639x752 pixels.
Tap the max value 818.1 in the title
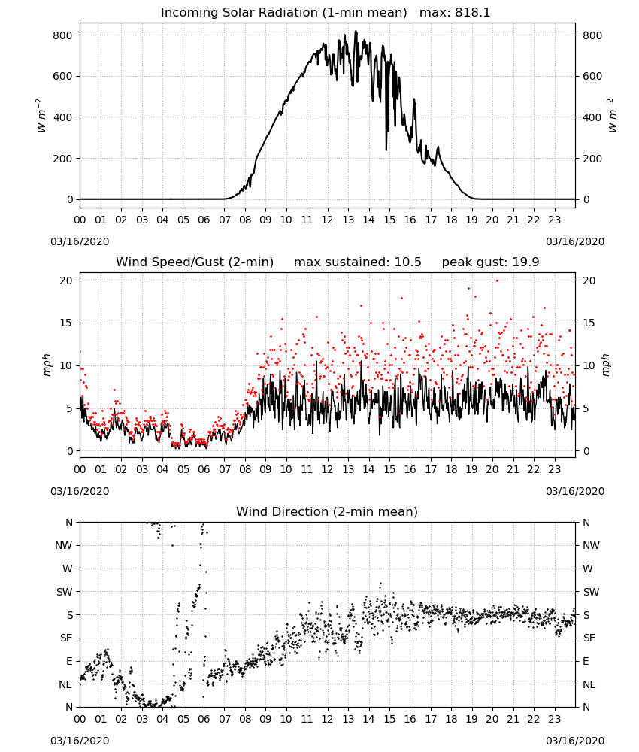473,13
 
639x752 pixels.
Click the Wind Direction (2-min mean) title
327,511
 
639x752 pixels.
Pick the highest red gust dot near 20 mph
497,280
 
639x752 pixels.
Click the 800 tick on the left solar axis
62,35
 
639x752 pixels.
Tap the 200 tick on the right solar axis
592,159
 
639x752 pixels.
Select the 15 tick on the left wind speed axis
66,323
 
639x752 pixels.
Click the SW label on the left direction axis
64,592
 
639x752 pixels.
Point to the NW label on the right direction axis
591,545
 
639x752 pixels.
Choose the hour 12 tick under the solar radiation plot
328,220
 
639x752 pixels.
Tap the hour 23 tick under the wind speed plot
555,469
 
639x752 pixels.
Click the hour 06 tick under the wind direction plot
204,720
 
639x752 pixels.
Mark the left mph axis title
47,365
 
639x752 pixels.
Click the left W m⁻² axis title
41,116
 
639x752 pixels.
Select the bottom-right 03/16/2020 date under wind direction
575,741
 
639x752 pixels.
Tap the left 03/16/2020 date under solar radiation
80,241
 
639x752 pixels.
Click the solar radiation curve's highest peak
356,31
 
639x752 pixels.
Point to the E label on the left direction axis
69,661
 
